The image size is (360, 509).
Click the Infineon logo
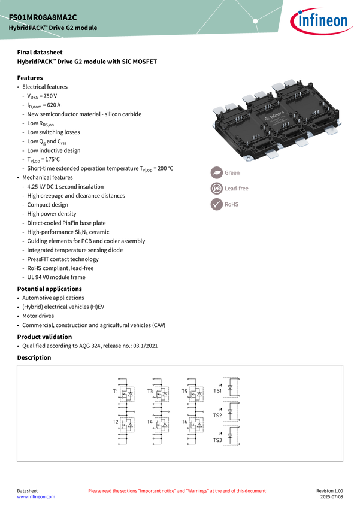[x=321, y=21]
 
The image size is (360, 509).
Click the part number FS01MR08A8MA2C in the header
[x=43, y=17]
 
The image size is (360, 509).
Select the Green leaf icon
[x=216, y=172]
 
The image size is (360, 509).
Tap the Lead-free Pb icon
[x=216, y=188]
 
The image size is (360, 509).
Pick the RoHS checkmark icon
[x=216, y=204]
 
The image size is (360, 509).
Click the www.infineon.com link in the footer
[x=36, y=496]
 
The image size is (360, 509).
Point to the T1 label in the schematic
[x=116, y=392]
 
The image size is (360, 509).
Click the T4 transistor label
[x=150, y=422]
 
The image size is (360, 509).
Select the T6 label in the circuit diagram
[x=184, y=422]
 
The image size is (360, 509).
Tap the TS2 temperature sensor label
[x=217, y=415]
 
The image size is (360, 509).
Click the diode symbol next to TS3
[x=230, y=435]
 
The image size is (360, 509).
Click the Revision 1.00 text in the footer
[x=329, y=491]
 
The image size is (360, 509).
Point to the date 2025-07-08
[x=332, y=496]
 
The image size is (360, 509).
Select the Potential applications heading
[x=49, y=289]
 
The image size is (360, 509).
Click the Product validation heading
[x=44, y=337]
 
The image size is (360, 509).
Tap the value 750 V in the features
[x=50, y=96]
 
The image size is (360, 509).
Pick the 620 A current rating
[x=54, y=105]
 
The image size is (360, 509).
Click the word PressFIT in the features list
[x=38, y=259]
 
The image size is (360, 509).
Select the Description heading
[x=34, y=357]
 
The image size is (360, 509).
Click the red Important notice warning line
[x=177, y=491]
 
